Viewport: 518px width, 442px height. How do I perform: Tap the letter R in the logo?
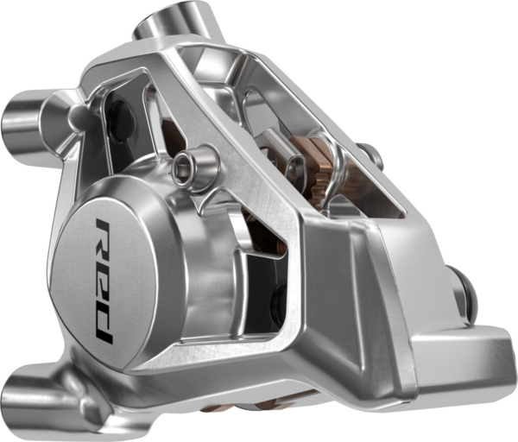click(103, 238)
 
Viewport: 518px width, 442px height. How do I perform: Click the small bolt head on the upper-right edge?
click(372, 155)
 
